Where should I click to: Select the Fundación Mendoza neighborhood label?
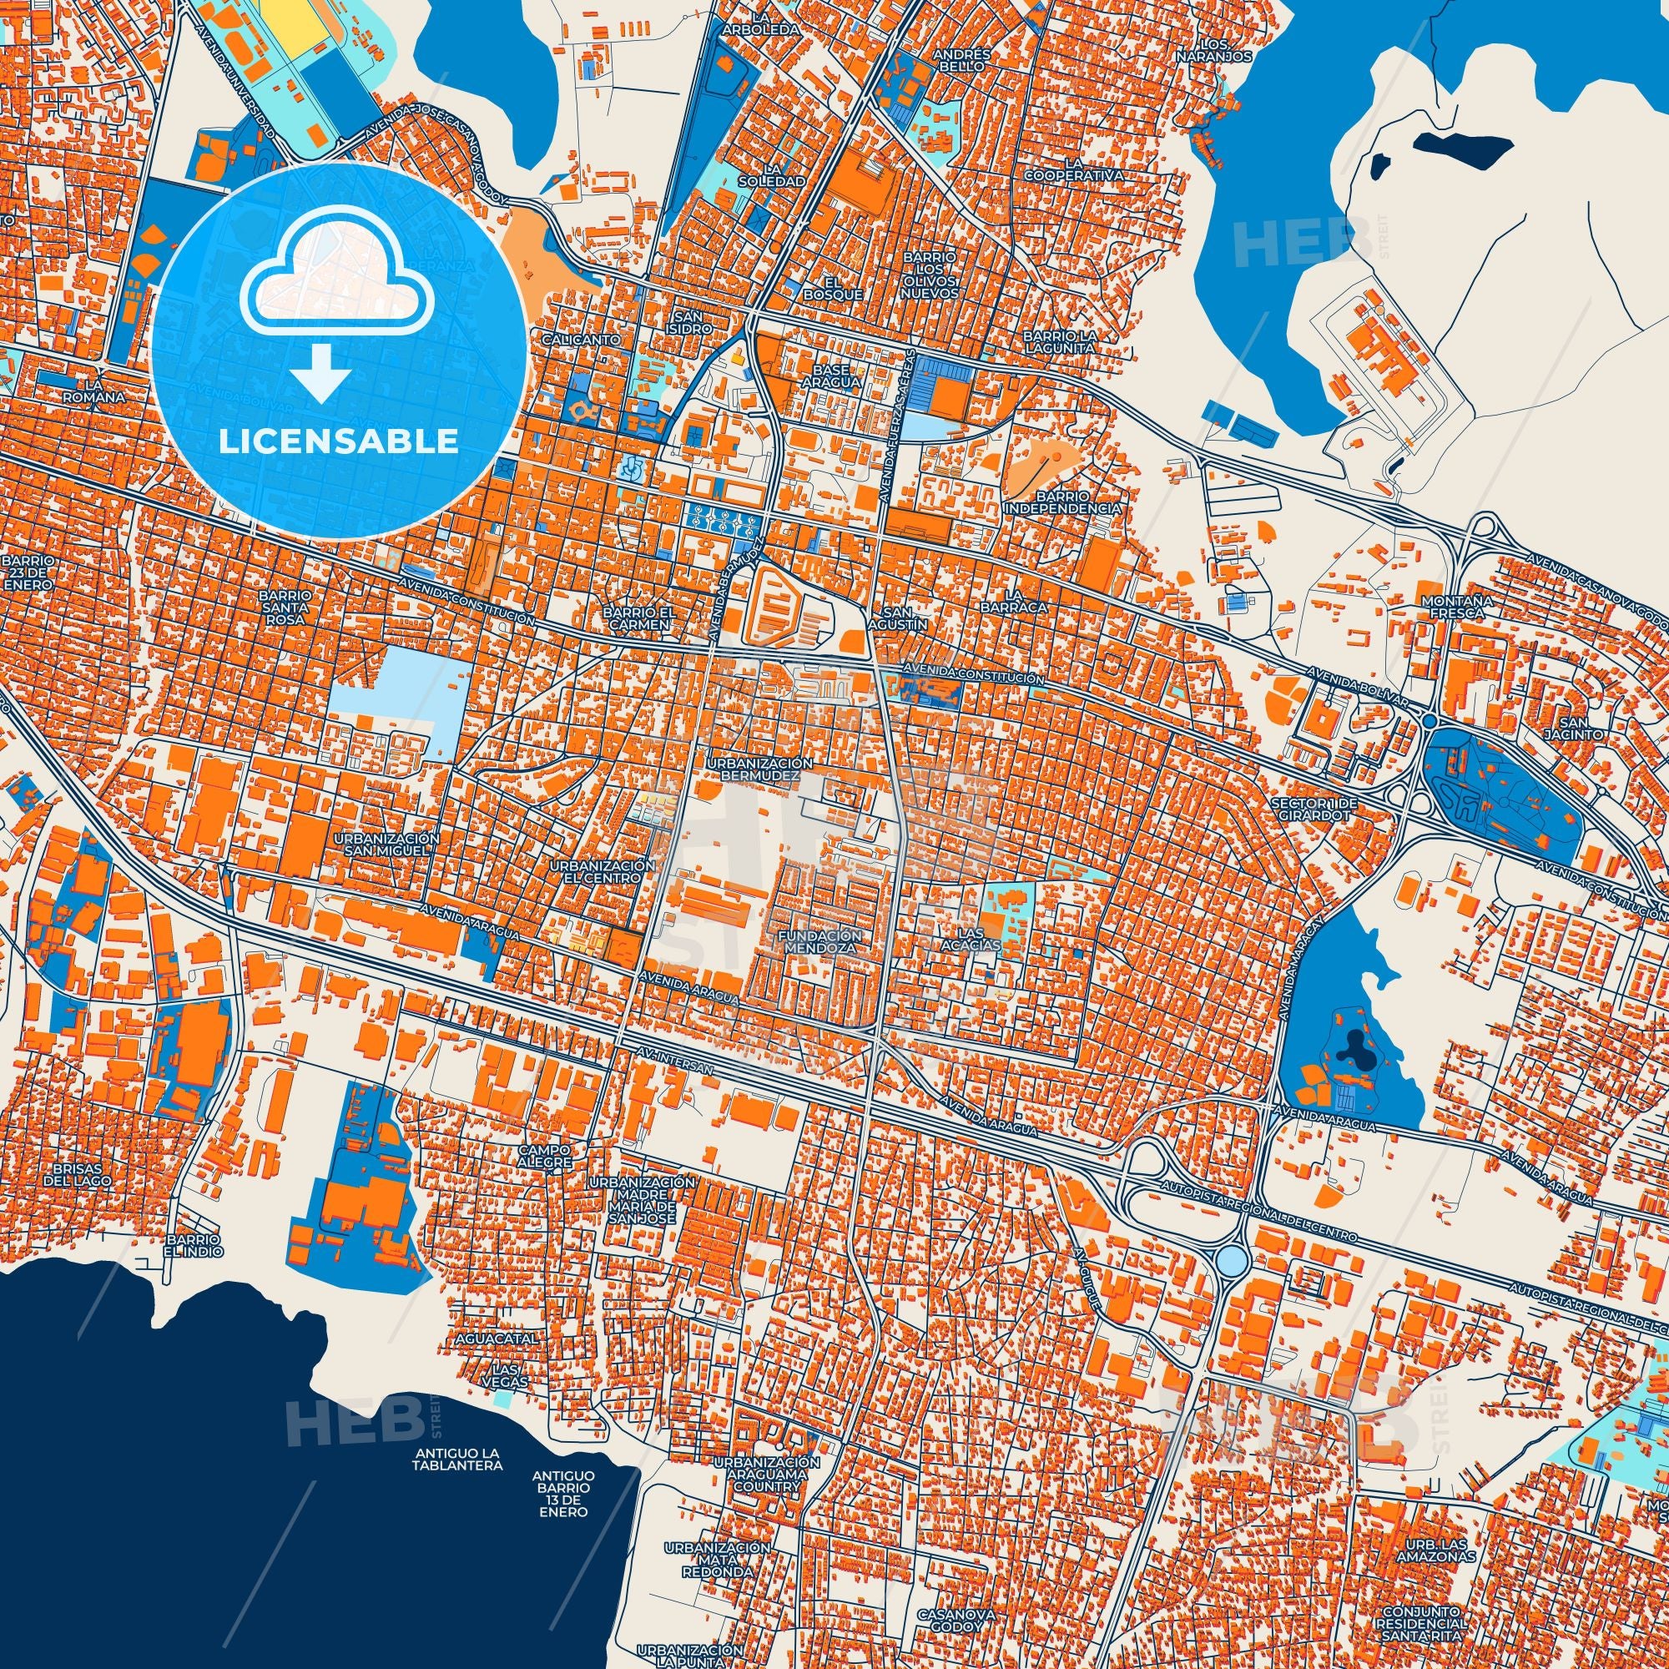[x=819, y=940]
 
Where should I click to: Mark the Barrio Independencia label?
[x=1061, y=502]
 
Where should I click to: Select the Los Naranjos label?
[x=1213, y=49]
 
